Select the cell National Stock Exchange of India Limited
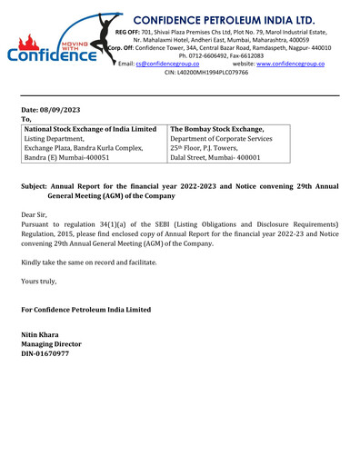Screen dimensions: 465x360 90,129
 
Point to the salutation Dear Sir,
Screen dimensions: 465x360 37,215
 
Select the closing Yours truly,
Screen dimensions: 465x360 39,281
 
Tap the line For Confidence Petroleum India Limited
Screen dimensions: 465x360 86,310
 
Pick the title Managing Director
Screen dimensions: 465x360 51,345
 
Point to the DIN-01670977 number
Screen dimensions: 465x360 46,354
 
